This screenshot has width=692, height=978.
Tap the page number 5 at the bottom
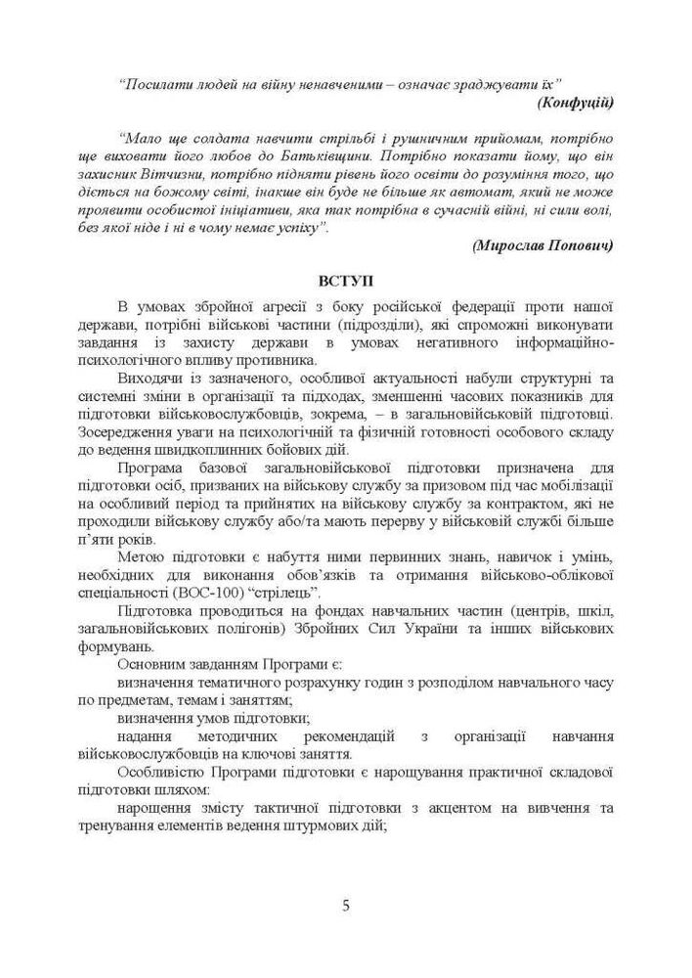[346, 905]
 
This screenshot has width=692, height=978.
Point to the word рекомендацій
[338, 738]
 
